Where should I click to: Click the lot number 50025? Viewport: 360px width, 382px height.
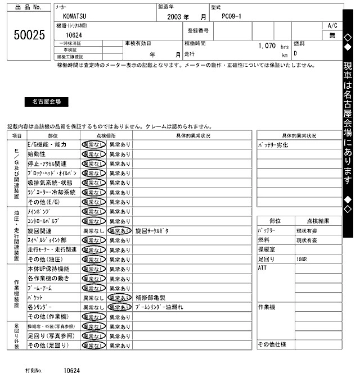coord(29,35)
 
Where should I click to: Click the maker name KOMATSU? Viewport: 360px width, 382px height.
coord(74,17)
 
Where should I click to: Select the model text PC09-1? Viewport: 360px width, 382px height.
coord(232,17)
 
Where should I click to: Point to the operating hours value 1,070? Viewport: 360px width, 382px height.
coord(266,46)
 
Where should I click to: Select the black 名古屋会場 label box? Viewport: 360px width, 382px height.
coord(47,102)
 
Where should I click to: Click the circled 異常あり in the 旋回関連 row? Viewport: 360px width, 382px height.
coord(120,231)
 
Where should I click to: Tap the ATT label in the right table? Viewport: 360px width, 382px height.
coord(263,268)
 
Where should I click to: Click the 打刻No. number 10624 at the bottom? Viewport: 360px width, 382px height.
coord(71,371)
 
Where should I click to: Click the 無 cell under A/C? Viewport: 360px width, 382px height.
coord(332,35)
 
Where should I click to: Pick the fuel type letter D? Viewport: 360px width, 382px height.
coord(296,53)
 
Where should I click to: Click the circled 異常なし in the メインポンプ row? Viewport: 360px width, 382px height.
coord(93,211)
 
